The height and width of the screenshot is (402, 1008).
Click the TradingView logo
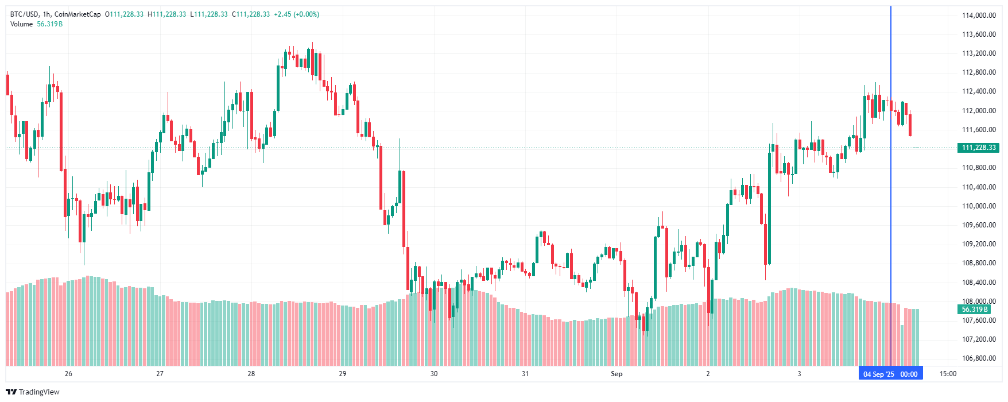point(33,392)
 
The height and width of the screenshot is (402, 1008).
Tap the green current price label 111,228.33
point(978,148)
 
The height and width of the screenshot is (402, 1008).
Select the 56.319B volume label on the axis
point(974,310)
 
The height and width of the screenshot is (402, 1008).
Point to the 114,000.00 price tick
point(979,16)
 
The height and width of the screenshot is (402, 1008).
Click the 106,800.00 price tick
point(979,358)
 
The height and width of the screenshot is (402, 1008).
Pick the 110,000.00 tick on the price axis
point(979,206)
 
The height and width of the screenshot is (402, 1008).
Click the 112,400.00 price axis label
point(979,91)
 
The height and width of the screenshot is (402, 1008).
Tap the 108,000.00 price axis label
point(979,301)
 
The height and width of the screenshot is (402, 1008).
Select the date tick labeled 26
point(68,374)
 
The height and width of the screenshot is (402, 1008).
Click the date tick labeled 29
point(343,374)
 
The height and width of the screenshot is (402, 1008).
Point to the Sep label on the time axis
point(617,374)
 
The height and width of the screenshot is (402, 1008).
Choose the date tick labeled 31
point(525,374)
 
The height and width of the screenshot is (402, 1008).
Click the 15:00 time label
point(948,374)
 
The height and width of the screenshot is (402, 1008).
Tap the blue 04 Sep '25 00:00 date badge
point(890,374)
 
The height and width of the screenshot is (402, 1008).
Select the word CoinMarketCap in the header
point(77,14)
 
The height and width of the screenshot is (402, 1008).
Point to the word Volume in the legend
point(22,24)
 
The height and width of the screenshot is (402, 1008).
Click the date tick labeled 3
point(799,374)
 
